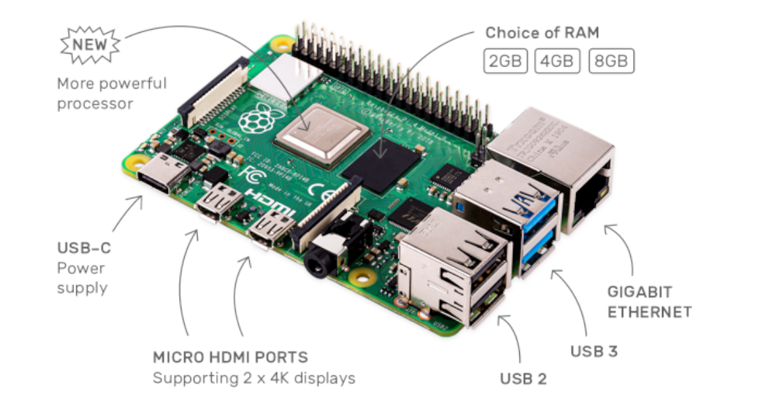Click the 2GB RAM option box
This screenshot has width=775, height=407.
pos(506,61)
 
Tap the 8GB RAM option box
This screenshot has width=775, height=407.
pos(611,61)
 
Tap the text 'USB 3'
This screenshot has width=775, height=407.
pos(594,351)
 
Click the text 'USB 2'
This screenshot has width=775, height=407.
pos(523,379)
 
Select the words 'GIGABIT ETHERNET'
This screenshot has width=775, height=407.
pos(650,301)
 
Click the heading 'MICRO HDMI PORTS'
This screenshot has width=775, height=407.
pos(230,357)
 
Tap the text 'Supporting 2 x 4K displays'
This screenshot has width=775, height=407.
pos(254,378)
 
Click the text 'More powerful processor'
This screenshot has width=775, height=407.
pos(112,93)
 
